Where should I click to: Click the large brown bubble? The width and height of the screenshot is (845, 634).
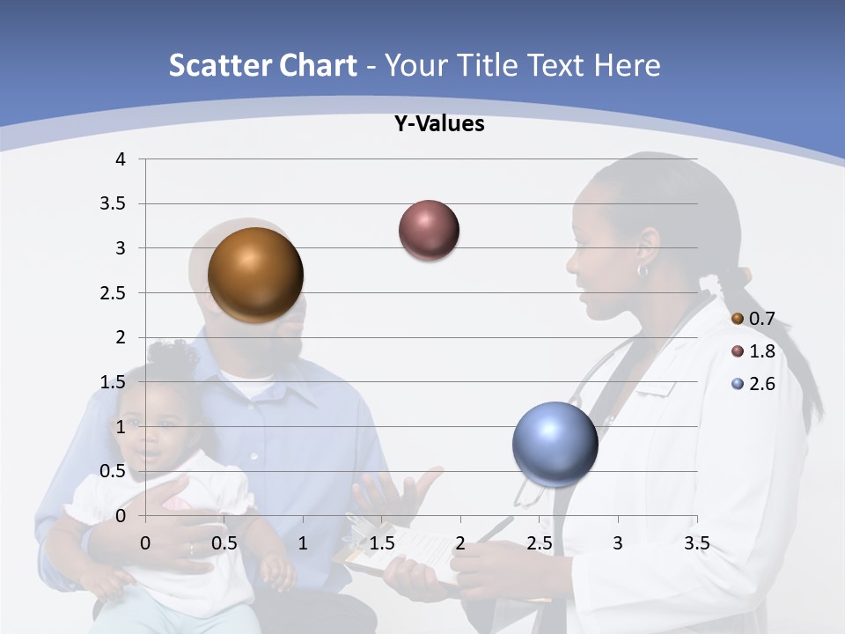(255, 275)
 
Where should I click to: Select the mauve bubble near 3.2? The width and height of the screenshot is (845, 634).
(429, 230)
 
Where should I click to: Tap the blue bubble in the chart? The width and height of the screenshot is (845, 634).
(555, 444)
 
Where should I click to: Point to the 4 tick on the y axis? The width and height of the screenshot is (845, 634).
(121, 159)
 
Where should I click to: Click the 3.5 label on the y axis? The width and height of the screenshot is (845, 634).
(113, 203)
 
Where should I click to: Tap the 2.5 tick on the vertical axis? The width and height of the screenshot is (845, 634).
(113, 292)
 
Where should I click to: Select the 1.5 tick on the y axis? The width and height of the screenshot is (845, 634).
(113, 381)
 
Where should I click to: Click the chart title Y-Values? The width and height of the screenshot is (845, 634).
(438, 124)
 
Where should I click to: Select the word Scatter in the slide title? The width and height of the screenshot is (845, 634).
(217, 65)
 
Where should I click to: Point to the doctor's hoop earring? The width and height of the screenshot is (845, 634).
(643, 270)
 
